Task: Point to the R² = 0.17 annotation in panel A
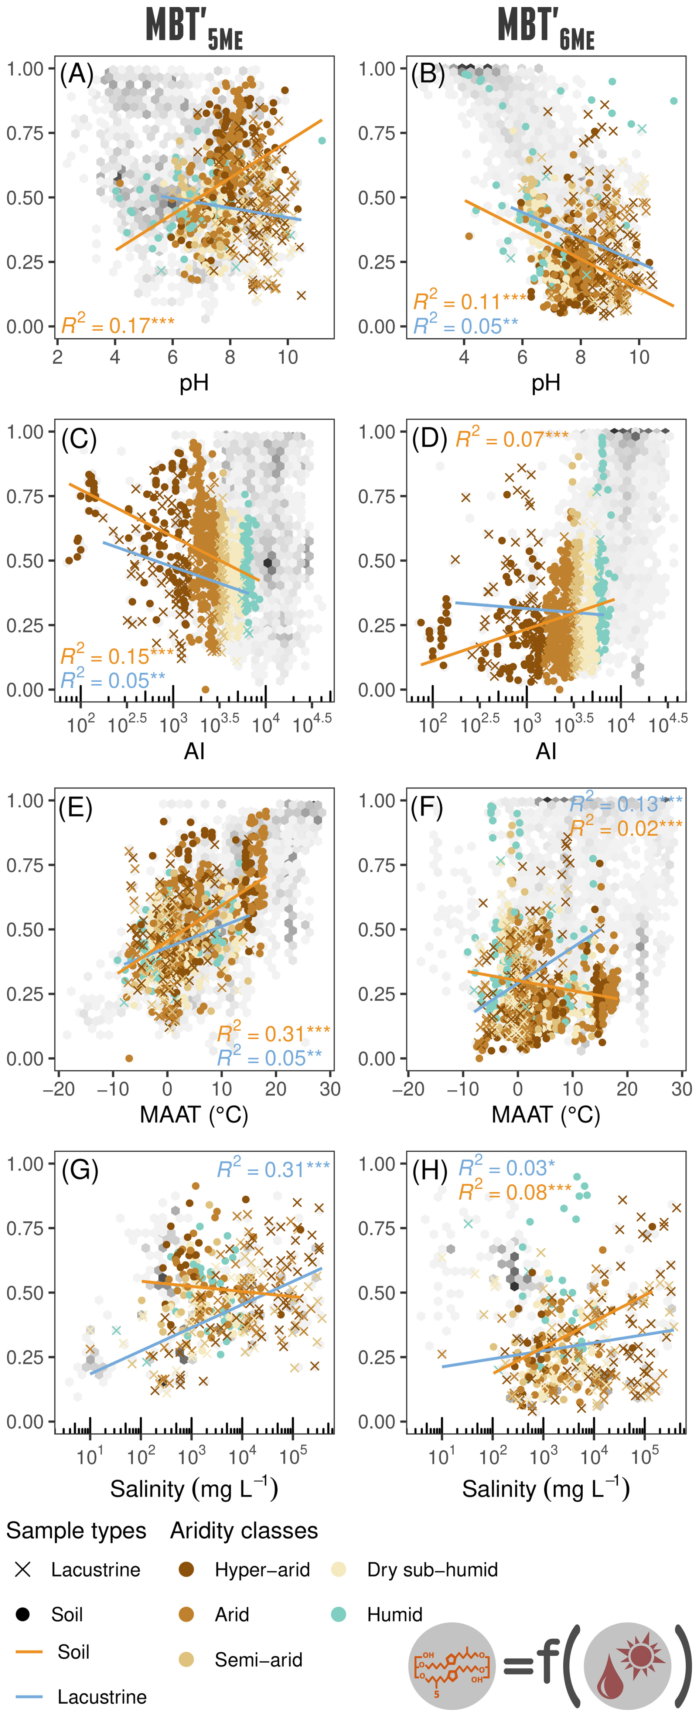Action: [x=118, y=325]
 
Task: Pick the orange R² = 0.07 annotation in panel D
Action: [x=512, y=439]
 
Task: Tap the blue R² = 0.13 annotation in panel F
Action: [x=625, y=804]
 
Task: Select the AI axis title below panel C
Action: [x=194, y=751]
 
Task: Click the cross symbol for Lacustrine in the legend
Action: [x=23, y=1570]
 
